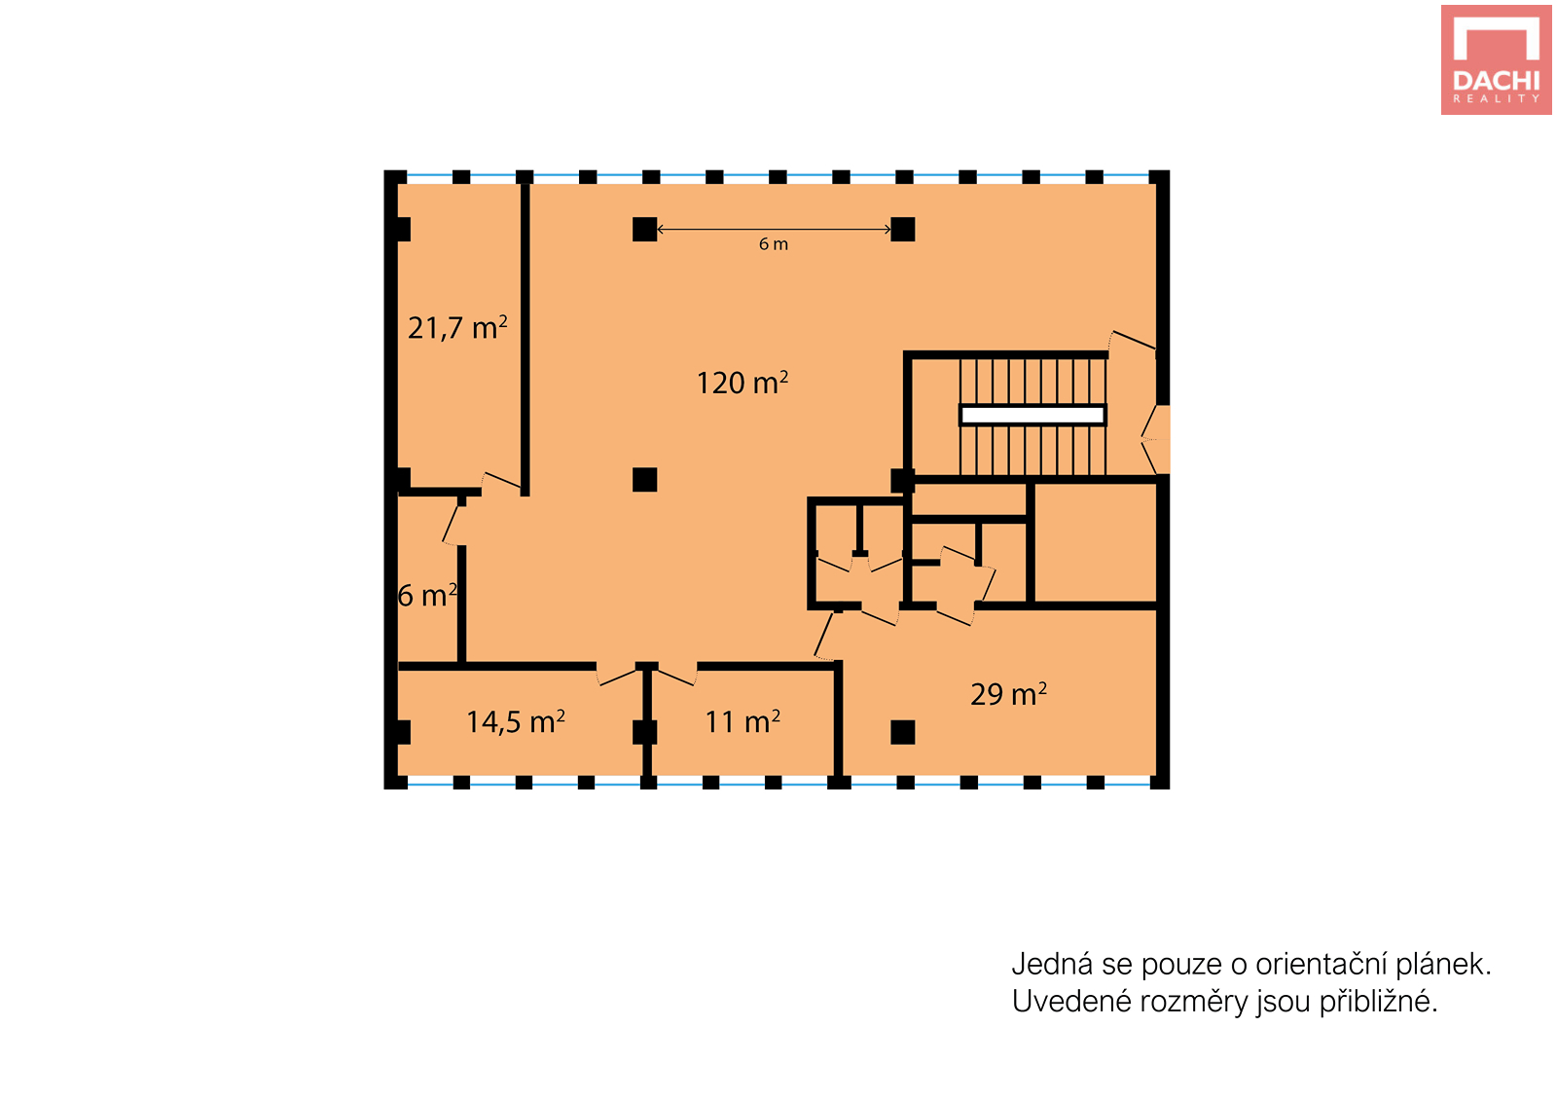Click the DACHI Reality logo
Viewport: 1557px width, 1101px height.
pyautogui.click(x=1497, y=59)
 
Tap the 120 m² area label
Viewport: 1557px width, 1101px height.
pyautogui.click(x=742, y=383)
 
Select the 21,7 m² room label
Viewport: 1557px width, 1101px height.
pyautogui.click(x=457, y=328)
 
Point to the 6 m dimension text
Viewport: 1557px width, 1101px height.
pyautogui.click(x=773, y=244)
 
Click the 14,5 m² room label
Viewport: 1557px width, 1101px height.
pyautogui.click(x=515, y=721)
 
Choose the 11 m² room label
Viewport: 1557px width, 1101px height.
pyautogui.click(x=742, y=721)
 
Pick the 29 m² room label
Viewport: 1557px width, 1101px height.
pyautogui.click(x=1008, y=693)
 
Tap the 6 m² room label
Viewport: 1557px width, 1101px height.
pyautogui.click(x=427, y=596)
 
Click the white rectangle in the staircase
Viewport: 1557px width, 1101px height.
pyautogui.click(x=1032, y=416)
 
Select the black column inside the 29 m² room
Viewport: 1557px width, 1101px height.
pyautogui.click(x=903, y=732)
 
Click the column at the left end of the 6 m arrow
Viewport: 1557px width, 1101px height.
pyautogui.click(x=645, y=230)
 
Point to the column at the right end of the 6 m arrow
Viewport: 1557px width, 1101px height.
pyautogui.click(x=903, y=230)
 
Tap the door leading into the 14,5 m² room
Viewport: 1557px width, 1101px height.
pyautogui.click(x=617, y=676)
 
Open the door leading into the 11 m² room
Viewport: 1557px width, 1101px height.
pyautogui.click(x=676, y=676)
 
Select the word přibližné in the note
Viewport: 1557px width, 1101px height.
pyautogui.click(x=1378, y=1003)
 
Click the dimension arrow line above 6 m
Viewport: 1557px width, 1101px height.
pyautogui.click(x=775, y=229)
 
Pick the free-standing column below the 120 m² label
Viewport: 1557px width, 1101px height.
pyautogui.click(x=645, y=480)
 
